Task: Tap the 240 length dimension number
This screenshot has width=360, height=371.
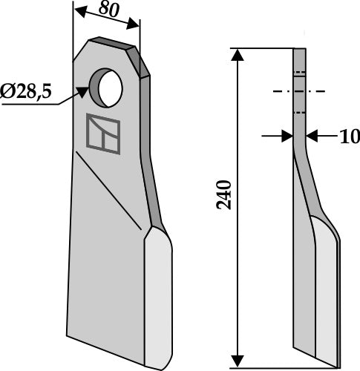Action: pos(227,194)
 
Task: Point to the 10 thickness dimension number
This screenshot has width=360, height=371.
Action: pos(330,137)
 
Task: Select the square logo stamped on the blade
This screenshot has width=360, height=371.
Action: pos(102,134)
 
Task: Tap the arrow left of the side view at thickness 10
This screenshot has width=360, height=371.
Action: pos(286,136)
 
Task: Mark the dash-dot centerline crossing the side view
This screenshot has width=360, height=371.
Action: pos(299,91)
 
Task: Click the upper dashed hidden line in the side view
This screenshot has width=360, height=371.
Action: pos(298,73)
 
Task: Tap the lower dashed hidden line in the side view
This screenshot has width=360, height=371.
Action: pos(298,112)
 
